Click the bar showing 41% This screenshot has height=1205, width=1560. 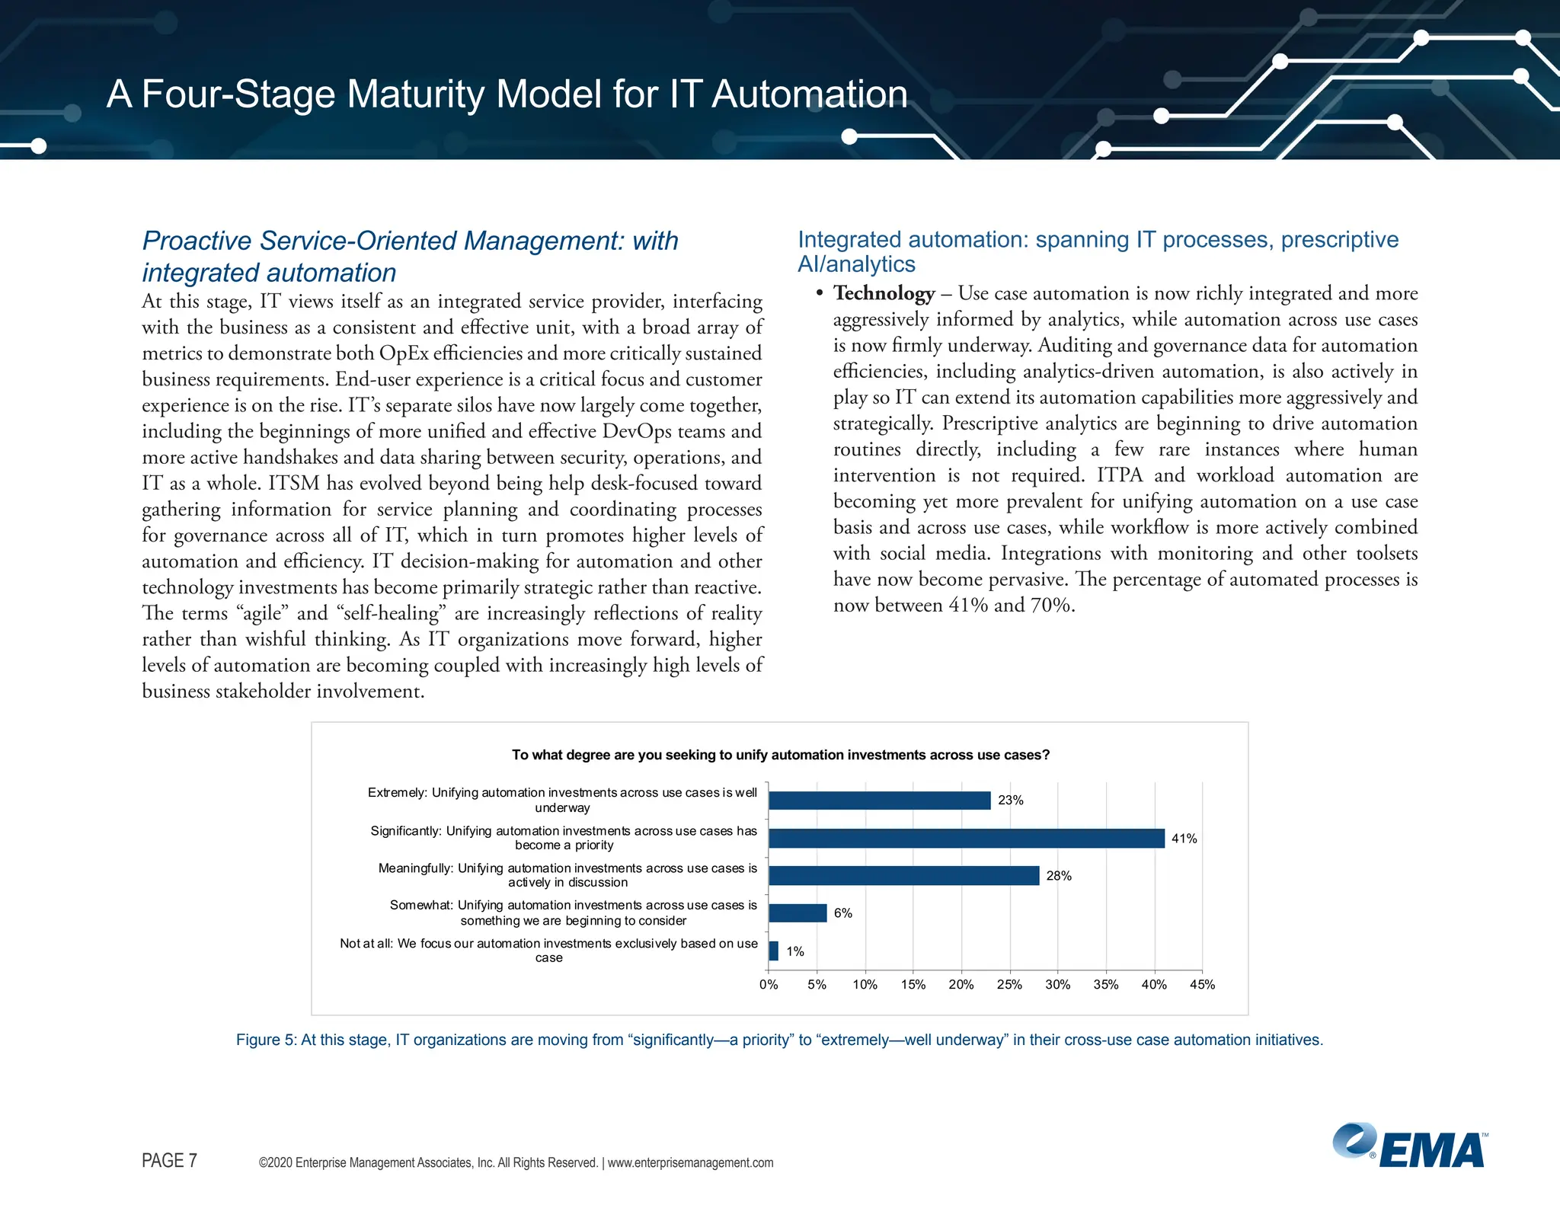[966, 838]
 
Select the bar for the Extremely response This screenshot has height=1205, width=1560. [879, 800]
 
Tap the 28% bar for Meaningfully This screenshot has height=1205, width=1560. [903, 875]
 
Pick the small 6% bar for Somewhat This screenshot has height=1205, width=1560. [798, 913]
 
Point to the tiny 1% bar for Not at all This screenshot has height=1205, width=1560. [774, 951]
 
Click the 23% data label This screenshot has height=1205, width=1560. [1011, 800]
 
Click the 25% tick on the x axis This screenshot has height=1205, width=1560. [1009, 984]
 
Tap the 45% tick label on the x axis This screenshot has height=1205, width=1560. [1202, 984]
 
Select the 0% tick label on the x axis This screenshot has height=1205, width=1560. [769, 984]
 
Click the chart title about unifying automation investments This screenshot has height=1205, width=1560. [780, 755]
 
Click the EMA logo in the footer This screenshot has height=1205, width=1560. [1409, 1147]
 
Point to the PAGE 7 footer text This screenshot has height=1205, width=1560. [169, 1160]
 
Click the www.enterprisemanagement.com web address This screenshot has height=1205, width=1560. [690, 1162]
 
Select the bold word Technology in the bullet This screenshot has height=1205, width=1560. [884, 293]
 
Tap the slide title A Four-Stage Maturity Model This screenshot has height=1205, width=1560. [507, 94]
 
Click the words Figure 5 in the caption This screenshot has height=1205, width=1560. [266, 1040]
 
